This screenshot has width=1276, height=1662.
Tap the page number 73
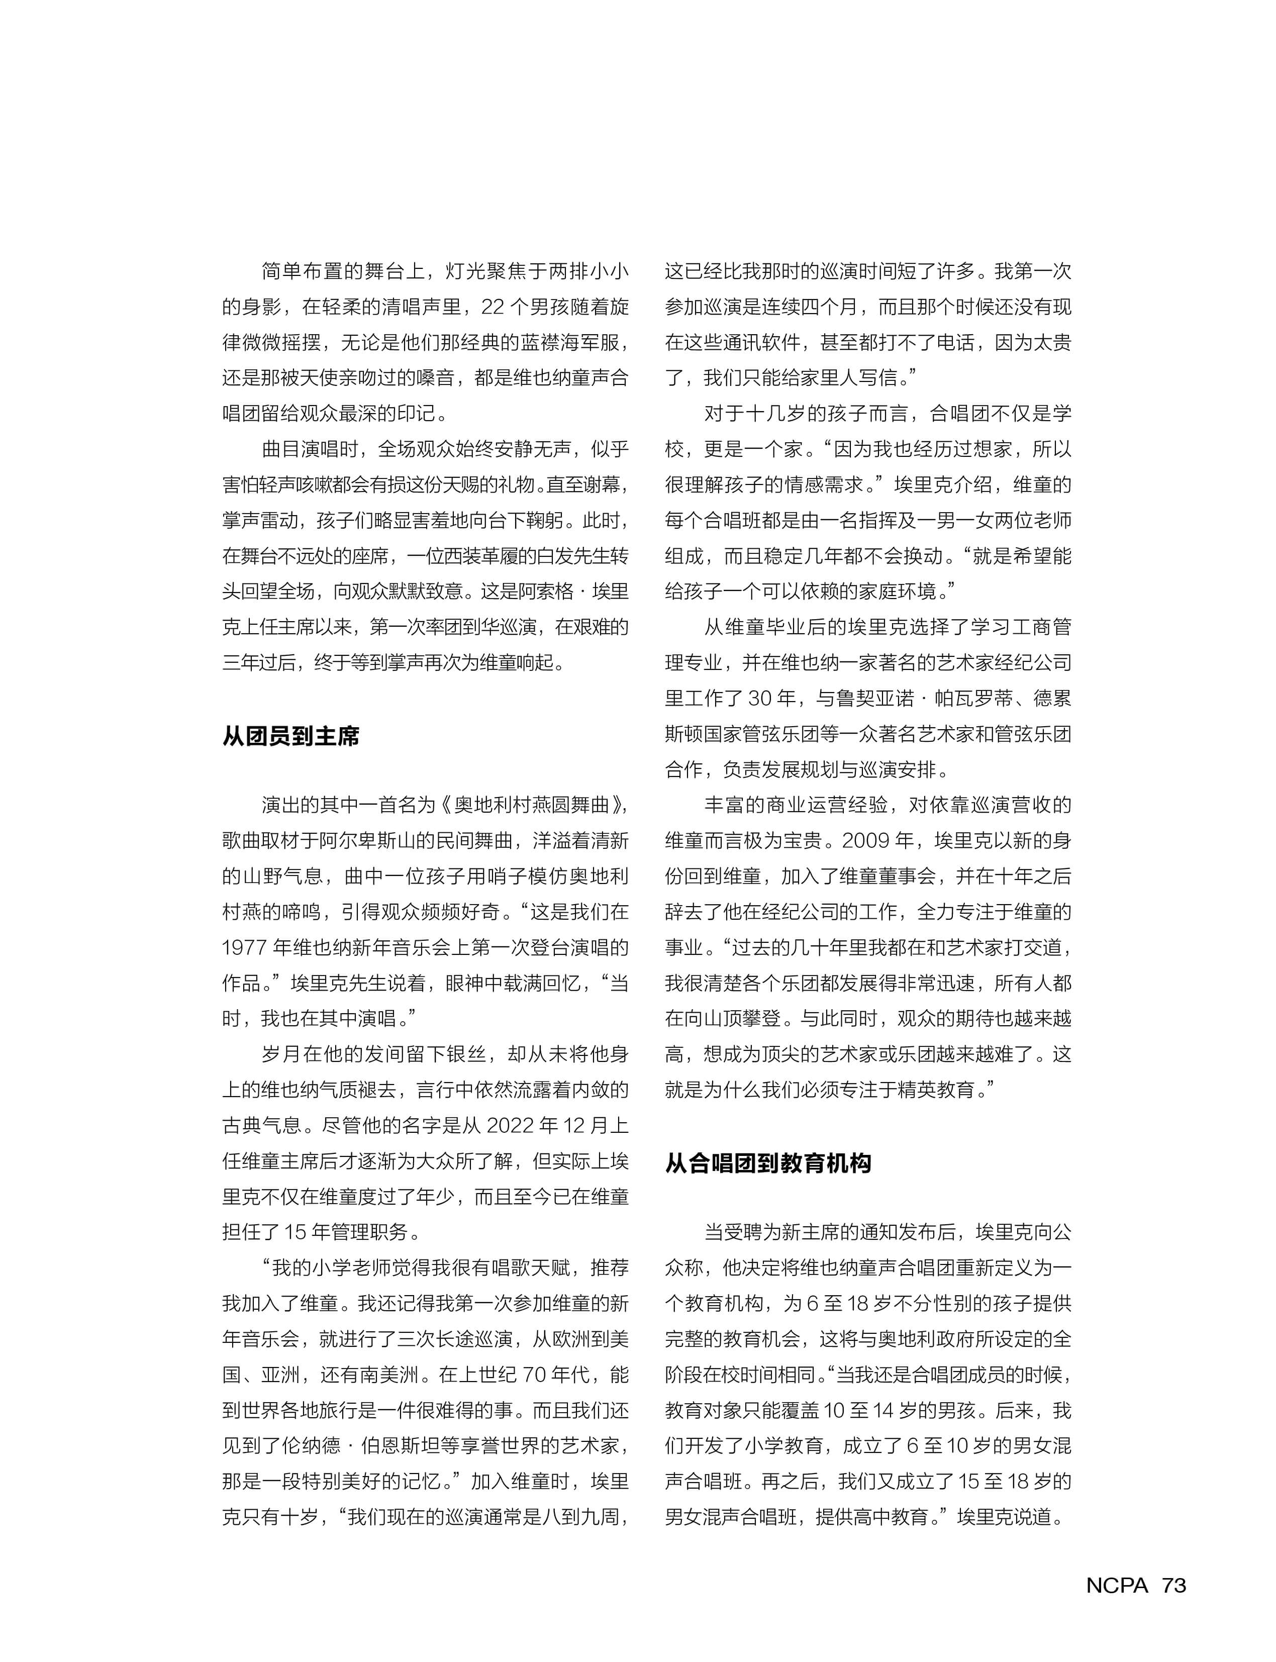click(x=1173, y=1585)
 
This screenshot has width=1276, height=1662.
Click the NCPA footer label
click(x=1117, y=1585)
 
